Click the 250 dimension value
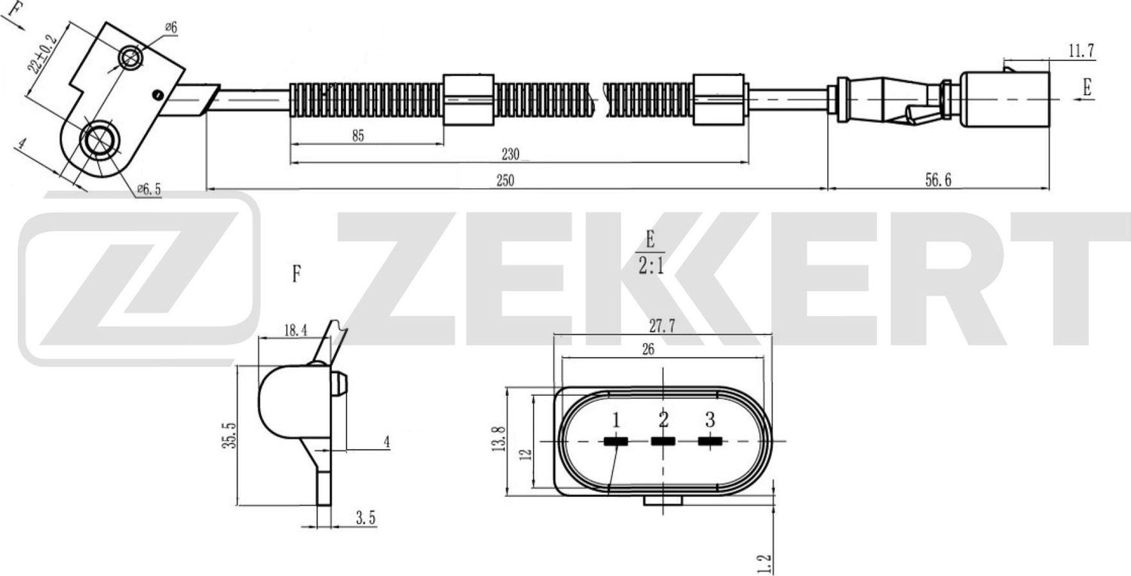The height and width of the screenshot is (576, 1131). tap(504, 182)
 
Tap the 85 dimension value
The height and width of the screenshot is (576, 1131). tap(357, 136)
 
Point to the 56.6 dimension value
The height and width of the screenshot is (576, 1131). tap(937, 182)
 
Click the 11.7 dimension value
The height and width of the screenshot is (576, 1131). tap(1081, 51)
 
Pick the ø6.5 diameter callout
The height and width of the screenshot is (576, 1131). tap(149, 190)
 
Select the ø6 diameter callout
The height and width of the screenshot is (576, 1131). tap(170, 28)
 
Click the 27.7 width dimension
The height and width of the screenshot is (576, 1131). tap(661, 326)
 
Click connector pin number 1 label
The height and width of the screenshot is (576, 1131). tap(616, 419)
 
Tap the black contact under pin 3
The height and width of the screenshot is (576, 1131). tap(709, 441)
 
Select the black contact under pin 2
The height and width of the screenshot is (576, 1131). tap(663, 441)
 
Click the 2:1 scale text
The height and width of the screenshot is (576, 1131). tap(649, 267)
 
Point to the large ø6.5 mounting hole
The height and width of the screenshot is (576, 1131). tap(97, 141)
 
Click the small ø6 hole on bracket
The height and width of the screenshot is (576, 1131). tap(132, 57)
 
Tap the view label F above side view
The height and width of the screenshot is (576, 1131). tap(296, 274)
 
